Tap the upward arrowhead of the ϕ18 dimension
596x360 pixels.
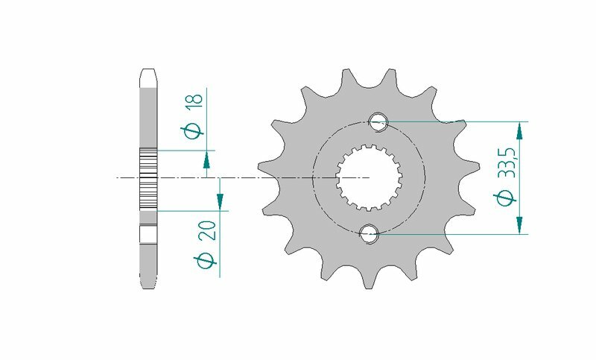pyautogui.click(x=206, y=159)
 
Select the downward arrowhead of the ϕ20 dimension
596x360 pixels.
pyautogui.click(x=221, y=200)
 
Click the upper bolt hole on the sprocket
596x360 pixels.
pyautogui.click(x=378, y=121)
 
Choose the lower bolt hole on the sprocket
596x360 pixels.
pyautogui.click(x=369, y=235)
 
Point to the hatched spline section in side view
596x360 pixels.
pyautogui.click(x=148, y=179)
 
